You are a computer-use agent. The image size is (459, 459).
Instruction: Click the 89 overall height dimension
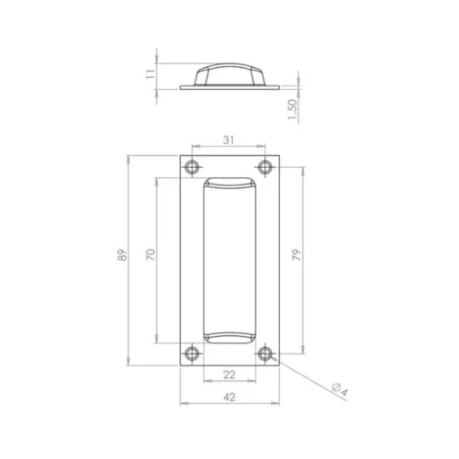point(122,255)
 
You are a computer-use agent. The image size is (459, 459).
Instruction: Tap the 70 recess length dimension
point(151,254)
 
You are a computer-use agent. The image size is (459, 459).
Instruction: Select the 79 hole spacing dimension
point(297,255)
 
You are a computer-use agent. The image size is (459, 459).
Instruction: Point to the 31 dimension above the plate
point(229,140)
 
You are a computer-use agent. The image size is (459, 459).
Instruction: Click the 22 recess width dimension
point(229,375)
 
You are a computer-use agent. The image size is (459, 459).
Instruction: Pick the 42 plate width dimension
point(229,397)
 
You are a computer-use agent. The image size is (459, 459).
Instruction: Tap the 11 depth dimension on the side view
point(151,74)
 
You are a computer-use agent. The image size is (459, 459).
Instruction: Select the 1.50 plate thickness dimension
point(293,109)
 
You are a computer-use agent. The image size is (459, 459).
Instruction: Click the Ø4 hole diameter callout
point(341,390)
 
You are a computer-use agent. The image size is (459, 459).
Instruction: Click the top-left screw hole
point(192,167)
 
